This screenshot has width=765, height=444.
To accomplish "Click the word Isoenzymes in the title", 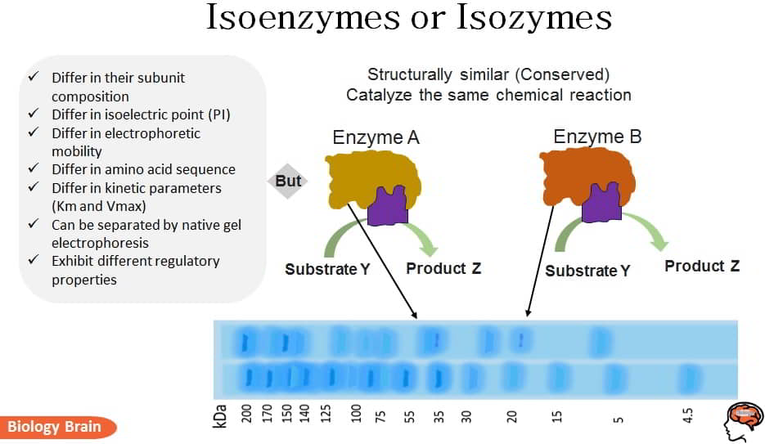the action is coord(303,18).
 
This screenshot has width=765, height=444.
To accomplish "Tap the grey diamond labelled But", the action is coord(288,181).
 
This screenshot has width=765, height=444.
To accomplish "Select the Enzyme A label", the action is coord(376,138).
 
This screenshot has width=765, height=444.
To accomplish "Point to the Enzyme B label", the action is coord(597,137).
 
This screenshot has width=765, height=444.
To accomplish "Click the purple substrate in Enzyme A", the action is coord(388,206).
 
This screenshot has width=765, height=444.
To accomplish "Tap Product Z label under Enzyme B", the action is coord(702,266).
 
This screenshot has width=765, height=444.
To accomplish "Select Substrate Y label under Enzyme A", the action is coord(327,270).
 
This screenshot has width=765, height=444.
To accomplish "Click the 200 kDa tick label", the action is coord(247,414).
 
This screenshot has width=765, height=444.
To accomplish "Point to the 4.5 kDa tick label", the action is coord(687,415).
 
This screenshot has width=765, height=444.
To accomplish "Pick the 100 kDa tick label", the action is coord(356,414).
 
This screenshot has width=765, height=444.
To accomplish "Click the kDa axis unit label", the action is coord(220,416).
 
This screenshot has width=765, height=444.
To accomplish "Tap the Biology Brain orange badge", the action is coord(58,427).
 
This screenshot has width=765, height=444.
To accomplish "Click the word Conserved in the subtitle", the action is coord(564,74).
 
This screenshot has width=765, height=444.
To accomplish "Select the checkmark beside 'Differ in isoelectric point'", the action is coord(34,113).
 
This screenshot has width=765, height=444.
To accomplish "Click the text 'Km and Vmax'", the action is coord(98,206).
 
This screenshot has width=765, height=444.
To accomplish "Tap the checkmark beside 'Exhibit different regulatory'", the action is coord(34,260).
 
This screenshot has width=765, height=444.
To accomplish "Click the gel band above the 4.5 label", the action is coord(689,379).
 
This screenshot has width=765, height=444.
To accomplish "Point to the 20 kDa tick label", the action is coord(511,416).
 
